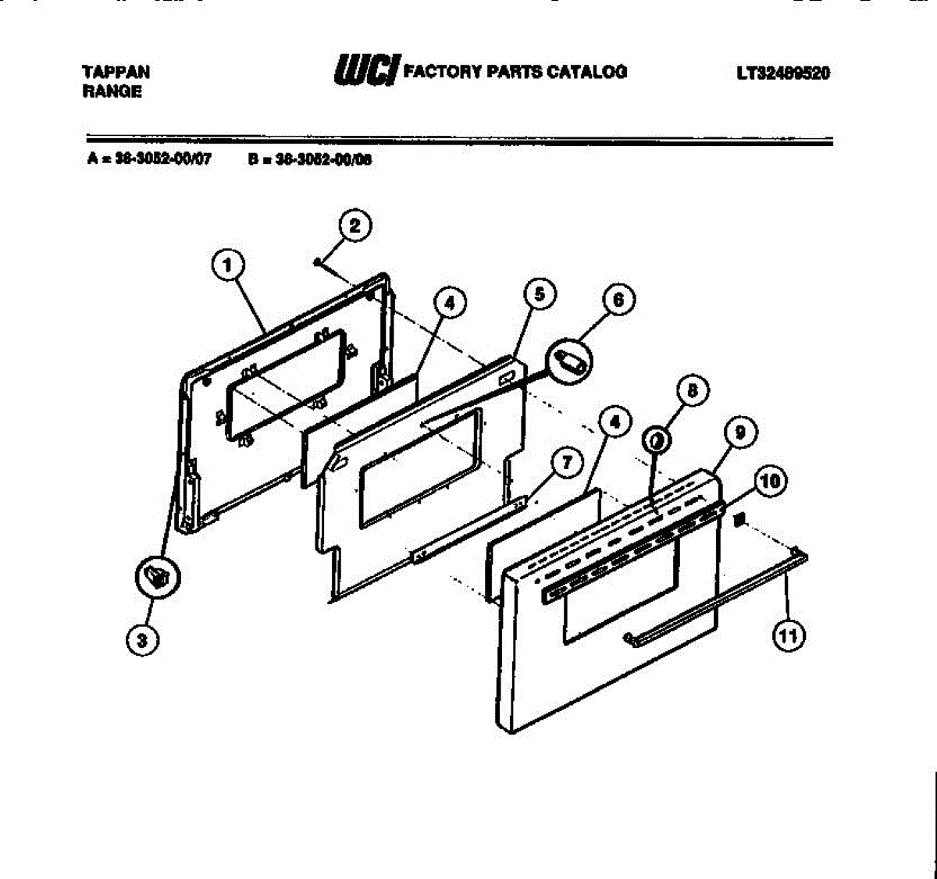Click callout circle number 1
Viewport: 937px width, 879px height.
227,265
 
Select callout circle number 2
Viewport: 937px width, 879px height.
355,226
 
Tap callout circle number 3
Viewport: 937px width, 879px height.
141,641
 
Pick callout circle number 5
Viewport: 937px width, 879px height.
540,294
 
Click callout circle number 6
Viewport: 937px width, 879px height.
618,301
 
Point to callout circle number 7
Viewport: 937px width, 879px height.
567,462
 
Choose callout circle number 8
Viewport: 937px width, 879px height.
693,390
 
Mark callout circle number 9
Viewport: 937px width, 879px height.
739,430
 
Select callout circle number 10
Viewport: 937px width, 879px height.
771,481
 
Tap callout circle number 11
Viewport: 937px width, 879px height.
788,636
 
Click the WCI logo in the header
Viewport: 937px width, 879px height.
367,70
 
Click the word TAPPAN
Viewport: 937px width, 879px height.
116,72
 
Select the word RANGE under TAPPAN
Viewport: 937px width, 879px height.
112,91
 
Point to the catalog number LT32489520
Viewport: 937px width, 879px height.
783,73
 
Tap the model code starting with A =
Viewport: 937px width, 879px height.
149,159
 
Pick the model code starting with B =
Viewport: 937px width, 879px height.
310,159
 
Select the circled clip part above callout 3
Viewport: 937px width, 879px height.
159,578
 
